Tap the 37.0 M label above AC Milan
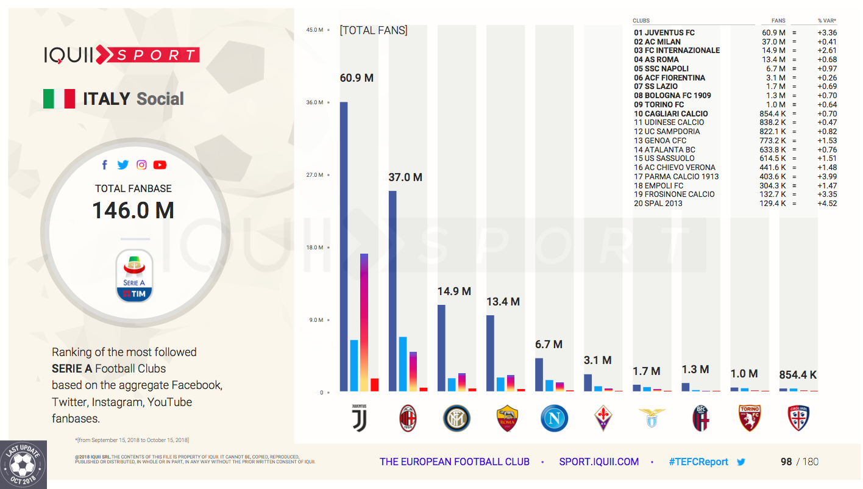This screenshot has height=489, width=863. (x=405, y=177)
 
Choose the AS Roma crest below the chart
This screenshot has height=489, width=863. (x=506, y=418)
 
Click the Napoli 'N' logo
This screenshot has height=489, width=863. (x=554, y=418)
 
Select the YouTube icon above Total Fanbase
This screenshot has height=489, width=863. (x=160, y=165)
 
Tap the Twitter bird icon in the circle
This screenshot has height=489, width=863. (x=123, y=165)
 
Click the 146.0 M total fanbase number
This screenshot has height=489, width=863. (x=133, y=210)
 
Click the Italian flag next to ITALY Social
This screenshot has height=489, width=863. (x=59, y=99)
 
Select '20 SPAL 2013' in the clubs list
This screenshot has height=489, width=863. (x=658, y=204)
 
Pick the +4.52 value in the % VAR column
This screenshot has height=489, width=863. (x=827, y=204)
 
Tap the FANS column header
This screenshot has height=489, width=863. (x=778, y=21)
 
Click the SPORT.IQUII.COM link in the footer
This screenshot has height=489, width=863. (x=598, y=462)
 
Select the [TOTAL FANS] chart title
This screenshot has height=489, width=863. (x=374, y=30)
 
